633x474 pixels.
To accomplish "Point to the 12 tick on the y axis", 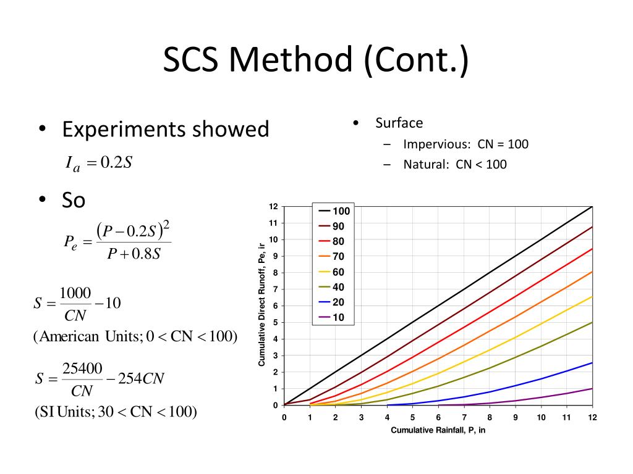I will click(273, 206).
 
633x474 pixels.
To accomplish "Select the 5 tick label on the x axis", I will click(412, 418).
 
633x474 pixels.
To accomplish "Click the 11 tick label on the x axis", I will click(566, 418).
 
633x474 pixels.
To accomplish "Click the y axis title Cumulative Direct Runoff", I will click(261, 306).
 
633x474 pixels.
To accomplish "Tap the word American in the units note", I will click(69, 337).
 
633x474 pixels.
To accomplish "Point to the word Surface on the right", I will click(399, 123).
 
